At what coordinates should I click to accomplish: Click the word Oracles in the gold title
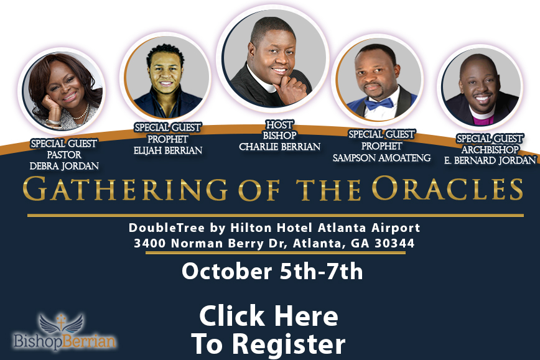[447, 188]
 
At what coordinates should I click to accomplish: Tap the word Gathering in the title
[125, 188]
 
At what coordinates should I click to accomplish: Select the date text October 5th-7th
[272, 272]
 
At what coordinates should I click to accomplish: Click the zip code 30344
[394, 243]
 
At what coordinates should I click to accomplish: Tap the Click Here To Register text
[269, 330]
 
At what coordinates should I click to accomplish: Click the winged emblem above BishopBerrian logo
[62, 323]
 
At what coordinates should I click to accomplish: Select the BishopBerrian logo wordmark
[65, 341]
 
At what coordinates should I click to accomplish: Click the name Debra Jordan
[65, 166]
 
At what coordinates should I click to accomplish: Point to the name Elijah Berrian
[168, 150]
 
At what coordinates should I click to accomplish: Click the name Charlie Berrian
[280, 147]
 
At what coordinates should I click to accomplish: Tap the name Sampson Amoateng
[381, 158]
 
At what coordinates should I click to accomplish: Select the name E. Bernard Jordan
[490, 160]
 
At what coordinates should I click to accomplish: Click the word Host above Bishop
[280, 124]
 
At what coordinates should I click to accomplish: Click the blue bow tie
[379, 103]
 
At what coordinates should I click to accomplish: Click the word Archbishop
[490, 149]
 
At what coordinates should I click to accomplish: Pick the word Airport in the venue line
[396, 228]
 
